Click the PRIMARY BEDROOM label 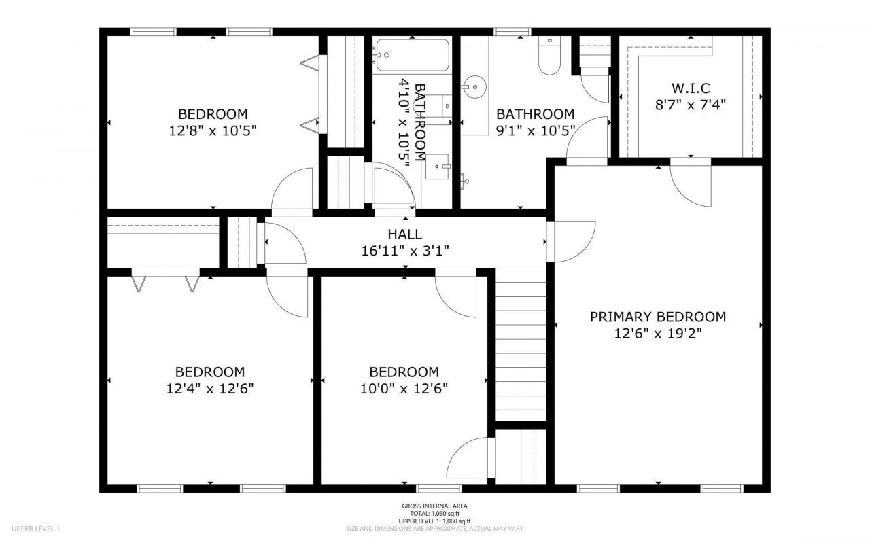click(x=658, y=317)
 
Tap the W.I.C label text click(x=691, y=88)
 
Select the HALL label click(x=404, y=234)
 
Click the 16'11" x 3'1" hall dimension click(x=405, y=251)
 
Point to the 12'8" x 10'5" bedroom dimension click(x=213, y=130)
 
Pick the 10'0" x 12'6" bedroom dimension click(x=404, y=389)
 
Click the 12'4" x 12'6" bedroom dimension click(x=210, y=389)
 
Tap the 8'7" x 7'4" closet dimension click(x=691, y=105)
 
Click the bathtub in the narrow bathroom click(x=412, y=55)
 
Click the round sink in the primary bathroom click(x=474, y=86)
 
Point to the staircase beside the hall click(x=521, y=344)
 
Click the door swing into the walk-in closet click(x=691, y=181)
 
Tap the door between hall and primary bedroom click(x=570, y=241)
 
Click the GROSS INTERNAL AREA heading click(x=434, y=506)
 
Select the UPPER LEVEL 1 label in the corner click(x=36, y=529)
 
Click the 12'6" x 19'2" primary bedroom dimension click(x=658, y=333)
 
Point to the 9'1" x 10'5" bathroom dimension click(x=536, y=130)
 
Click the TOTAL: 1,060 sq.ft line click(x=434, y=514)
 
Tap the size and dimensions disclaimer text click(x=434, y=529)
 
